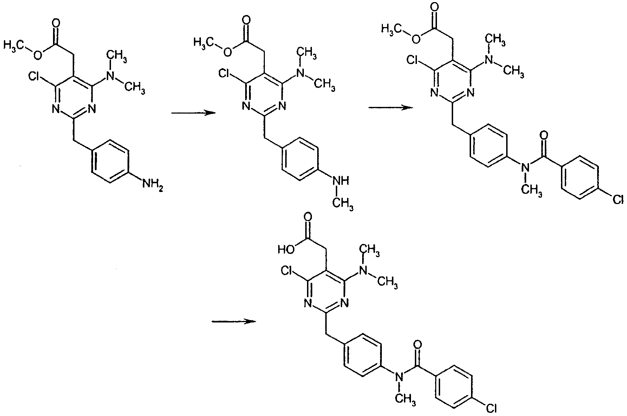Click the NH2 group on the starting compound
pyautogui.click(x=152, y=185)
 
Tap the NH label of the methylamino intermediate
pyautogui.click(x=340, y=181)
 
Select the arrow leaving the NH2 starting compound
pyautogui.click(x=193, y=113)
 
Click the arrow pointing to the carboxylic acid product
pyautogui.click(x=234, y=321)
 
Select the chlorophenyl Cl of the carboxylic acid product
pyautogui.click(x=490, y=408)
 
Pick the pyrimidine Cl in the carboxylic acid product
pyautogui.click(x=287, y=270)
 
